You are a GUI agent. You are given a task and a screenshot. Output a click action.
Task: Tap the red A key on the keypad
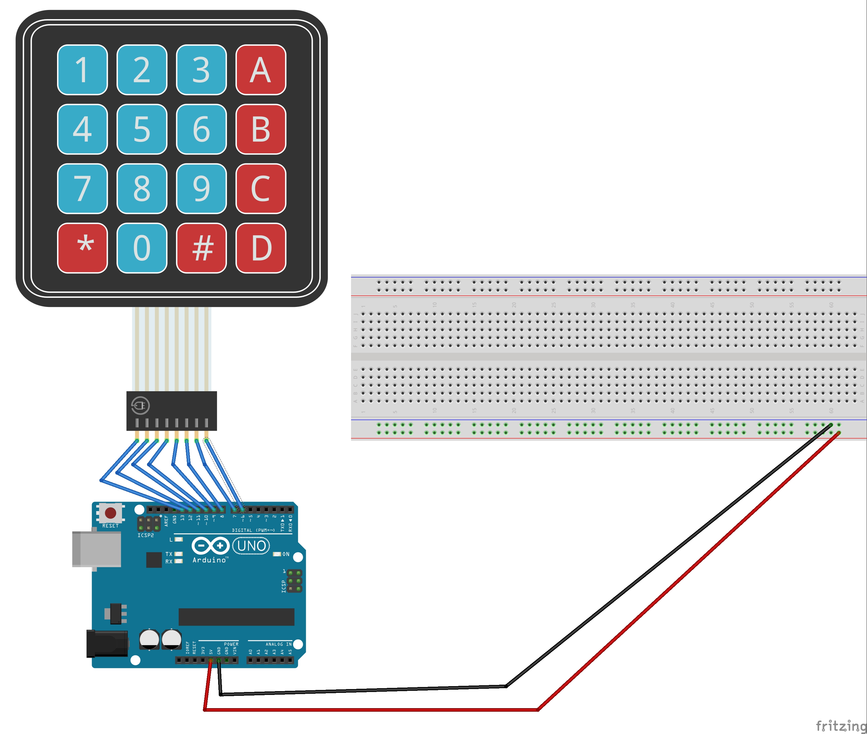[261, 70]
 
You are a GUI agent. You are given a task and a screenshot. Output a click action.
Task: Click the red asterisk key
[82, 248]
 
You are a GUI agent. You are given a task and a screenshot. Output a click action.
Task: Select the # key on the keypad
[202, 248]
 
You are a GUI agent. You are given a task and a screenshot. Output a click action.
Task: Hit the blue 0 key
[142, 248]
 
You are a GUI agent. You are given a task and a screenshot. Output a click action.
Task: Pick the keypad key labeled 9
[202, 189]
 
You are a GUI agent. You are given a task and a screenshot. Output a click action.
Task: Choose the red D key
[261, 248]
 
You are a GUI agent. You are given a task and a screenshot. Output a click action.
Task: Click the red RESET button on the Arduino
[110, 512]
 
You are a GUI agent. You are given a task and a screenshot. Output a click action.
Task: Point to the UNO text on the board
[251, 545]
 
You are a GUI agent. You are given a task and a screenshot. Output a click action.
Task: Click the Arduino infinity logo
[210, 545]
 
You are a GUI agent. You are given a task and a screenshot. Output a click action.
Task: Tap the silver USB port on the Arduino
[97, 548]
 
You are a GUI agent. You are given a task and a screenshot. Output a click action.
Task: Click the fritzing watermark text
[840, 725]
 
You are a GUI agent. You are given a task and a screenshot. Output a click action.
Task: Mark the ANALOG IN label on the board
[278, 644]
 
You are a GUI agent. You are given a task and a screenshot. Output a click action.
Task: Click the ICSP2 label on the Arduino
[146, 535]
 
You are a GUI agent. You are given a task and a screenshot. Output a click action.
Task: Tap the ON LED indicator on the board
[277, 554]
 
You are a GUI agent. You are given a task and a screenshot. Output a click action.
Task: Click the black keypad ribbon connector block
[172, 410]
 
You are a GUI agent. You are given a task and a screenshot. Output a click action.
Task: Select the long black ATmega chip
[236, 617]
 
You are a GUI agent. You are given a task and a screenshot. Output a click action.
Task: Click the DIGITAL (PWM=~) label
[253, 530]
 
